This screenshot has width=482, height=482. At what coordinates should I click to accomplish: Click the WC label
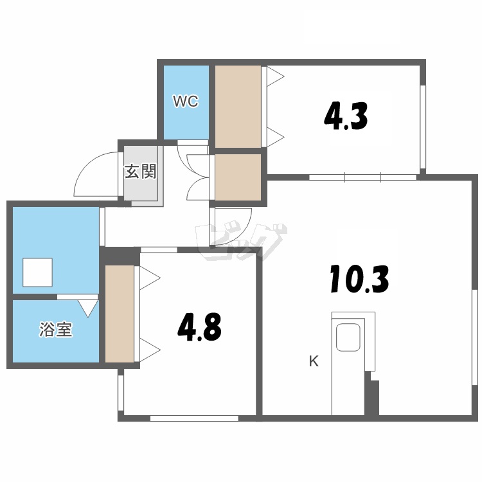pyautogui.click(x=186, y=101)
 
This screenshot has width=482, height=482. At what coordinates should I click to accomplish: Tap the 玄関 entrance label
pyautogui.click(x=141, y=172)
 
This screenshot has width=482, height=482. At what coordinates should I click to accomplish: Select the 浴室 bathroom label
pyautogui.click(x=56, y=329)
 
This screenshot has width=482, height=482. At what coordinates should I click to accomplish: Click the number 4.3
pyautogui.click(x=346, y=117)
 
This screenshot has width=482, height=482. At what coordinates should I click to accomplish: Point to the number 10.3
pyautogui.click(x=360, y=280)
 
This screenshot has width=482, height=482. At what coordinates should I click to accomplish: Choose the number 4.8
pyautogui.click(x=199, y=326)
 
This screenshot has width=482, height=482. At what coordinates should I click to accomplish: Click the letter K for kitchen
pyautogui.click(x=314, y=361)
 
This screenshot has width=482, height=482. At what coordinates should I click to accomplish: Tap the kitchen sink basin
pyautogui.click(x=348, y=337)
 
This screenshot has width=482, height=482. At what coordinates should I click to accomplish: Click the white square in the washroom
pyautogui.click(x=37, y=272)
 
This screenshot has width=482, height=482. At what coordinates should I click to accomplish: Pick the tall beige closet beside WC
pyautogui.click(x=238, y=106)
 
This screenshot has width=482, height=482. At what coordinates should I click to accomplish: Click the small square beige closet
pyautogui.click(x=238, y=177)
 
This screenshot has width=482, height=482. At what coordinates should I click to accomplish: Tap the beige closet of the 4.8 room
pyautogui.click(x=120, y=314)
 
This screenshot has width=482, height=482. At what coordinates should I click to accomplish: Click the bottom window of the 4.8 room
pyautogui.click(x=194, y=418)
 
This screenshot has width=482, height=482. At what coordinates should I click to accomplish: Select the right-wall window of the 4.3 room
pyautogui.click(x=423, y=127)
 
